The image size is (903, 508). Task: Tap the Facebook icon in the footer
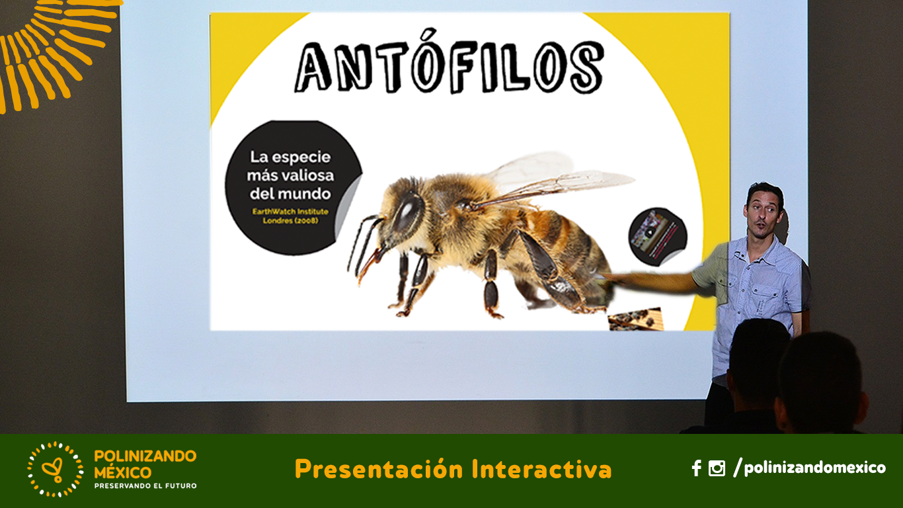696,468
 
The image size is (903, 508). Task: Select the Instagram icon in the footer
717,468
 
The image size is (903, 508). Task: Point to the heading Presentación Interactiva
453,469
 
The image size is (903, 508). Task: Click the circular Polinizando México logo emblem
56,469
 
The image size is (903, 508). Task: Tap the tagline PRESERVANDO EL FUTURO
145,486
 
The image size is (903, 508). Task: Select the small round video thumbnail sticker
658,236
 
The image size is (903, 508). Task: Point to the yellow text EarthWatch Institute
290,212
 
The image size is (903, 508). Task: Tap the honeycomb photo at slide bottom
636,319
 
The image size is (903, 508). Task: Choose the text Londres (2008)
290,221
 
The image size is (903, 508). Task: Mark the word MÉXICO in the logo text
122,472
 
